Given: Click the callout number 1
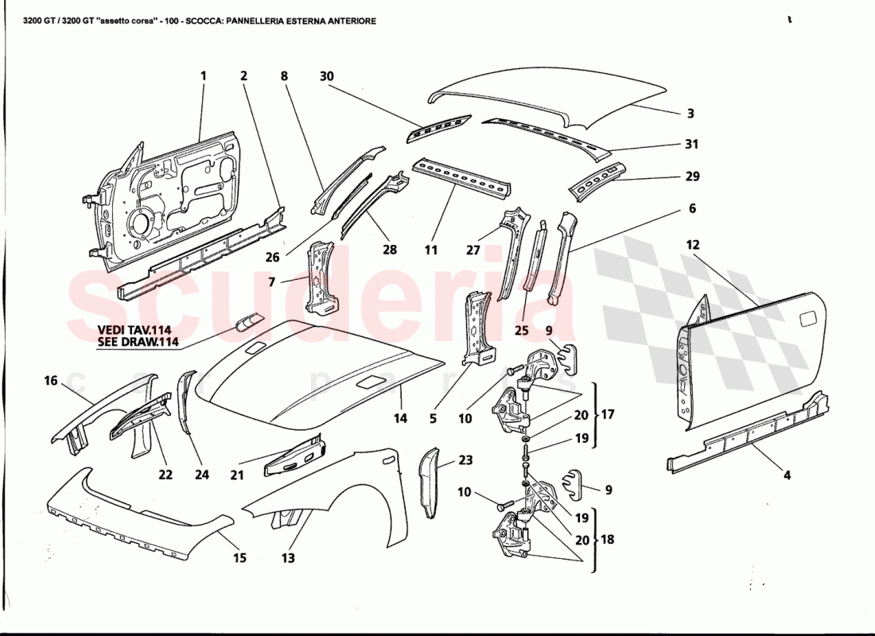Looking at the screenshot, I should click(x=203, y=76).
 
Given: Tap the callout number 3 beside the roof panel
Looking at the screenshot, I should click(x=690, y=114).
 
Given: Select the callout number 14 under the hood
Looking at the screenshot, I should click(x=399, y=418).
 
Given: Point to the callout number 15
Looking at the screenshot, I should click(x=239, y=558).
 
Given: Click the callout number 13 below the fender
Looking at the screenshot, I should click(x=288, y=558).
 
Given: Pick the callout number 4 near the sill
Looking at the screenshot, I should click(x=787, y=476).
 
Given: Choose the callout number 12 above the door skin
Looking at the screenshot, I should click(x=693, y=245).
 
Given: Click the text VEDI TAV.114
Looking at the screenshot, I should click(x=134, y=330).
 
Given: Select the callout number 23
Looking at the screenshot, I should click(x=465, y=460).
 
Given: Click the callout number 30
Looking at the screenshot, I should click(x=327, y=76).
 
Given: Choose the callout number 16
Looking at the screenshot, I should click(x=51, y=382).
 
